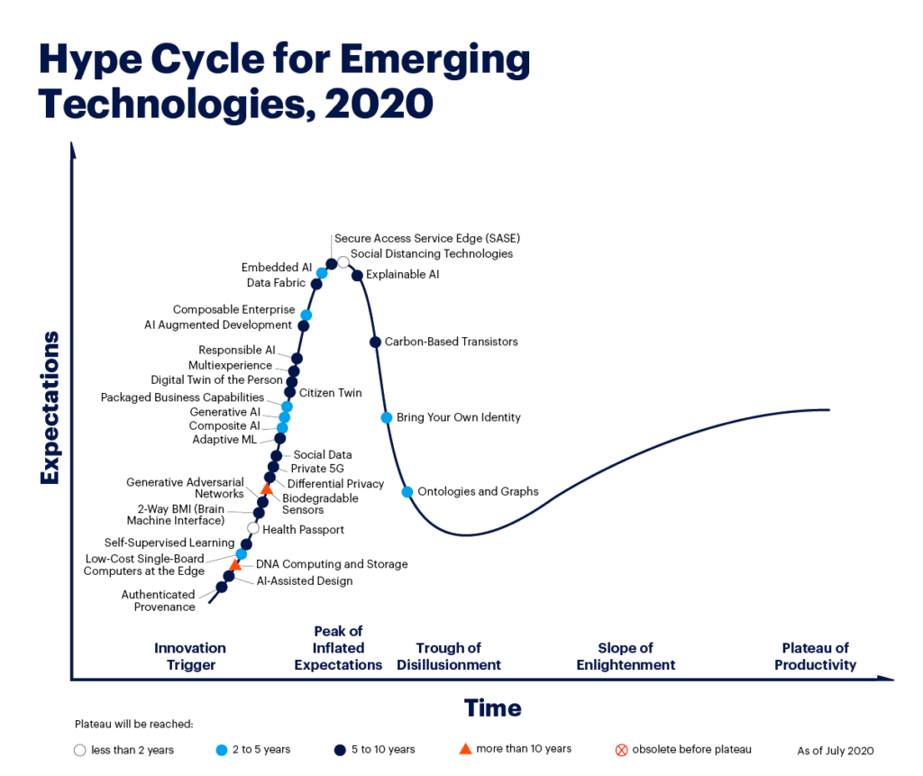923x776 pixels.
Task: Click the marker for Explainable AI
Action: click(x=357, y=275)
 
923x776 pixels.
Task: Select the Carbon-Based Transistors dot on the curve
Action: click(x=375, y=342)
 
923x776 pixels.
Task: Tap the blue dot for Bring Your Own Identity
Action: click(x=386, y=417)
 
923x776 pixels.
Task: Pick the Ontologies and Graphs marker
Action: click(x=407, y=491)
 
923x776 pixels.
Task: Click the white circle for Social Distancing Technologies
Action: click(x=343, y=261)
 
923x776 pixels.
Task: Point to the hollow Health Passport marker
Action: click(x=253, y=528)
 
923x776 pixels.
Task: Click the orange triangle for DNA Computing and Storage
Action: click(x=235, y=565)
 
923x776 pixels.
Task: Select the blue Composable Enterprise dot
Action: click(x=306, y=315)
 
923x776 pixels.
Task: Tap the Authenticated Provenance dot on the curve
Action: click(x=222, y=587)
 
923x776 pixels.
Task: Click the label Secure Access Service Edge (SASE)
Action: click(x=427, y=239)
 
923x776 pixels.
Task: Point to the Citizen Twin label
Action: click(x=330, y=393)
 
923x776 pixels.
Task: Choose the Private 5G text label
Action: click(x=317, y=469)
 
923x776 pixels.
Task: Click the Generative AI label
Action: click(x=224, y=412)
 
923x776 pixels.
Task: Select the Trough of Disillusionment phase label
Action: click(x=449, y=656)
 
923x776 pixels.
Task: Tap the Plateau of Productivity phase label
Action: click(x=815, y=656)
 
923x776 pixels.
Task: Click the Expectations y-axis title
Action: click(x=50, y=407)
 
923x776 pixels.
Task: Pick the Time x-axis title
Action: click(x=493, y=708)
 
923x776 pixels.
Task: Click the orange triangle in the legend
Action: click(x=465, y=749)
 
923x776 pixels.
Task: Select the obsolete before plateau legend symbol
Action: click(x=622, y=750)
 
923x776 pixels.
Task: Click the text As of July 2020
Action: click(x=836, y=751)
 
